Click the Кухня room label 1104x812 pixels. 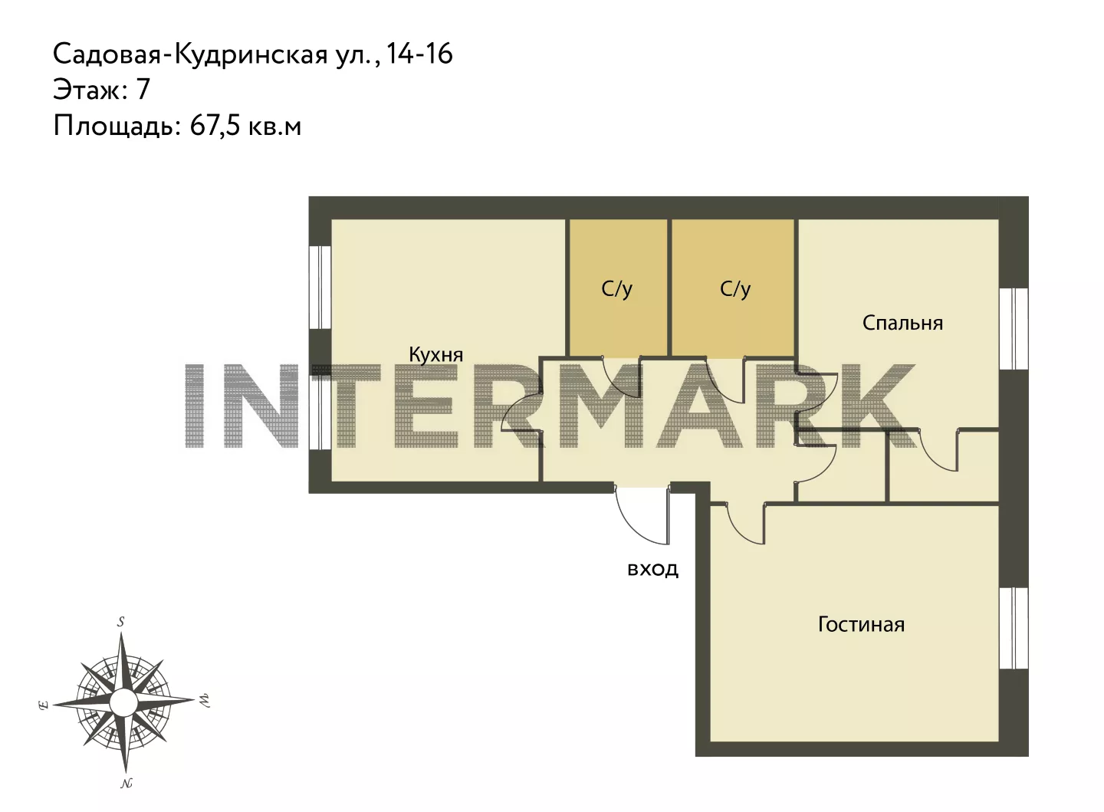[435, 355]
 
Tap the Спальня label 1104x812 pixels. [902, 323]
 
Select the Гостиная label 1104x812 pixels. [861, 625]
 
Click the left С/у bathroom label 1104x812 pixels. [616, 289]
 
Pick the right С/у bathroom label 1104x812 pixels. [734, 289]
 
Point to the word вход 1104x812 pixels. [652, 570]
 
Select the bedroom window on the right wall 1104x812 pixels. [1014, 329]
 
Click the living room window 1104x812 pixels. [1014, 628]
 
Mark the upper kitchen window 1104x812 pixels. [320, 287]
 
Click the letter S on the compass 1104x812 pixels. [121, 622]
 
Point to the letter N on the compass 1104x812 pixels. [127, 783]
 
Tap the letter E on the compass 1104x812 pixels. [44, 705]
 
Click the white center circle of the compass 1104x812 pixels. [123, 702]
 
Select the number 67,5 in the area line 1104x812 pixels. [215, 127]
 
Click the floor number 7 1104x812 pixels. [143, 89]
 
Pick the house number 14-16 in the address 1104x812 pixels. [419, 54]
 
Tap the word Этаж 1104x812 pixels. [90, 90]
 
